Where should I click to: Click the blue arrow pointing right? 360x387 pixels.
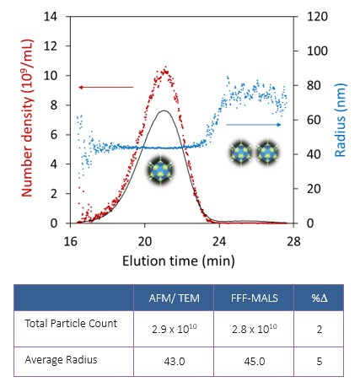pos(254,124)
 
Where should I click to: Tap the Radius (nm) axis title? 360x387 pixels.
pos(340,120)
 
